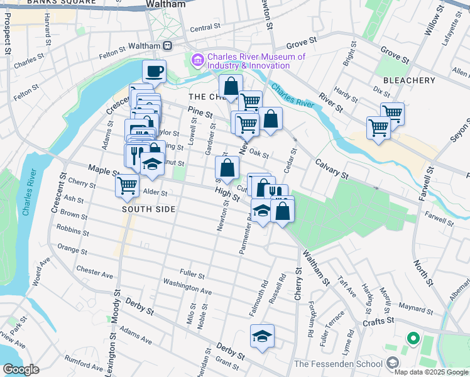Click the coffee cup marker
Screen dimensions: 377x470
pyautogui.click(x=154, y=72)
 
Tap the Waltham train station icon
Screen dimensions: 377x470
pyautogui.click(x=168, y=45)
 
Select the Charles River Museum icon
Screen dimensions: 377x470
pyautogui.click(x=197, y=60)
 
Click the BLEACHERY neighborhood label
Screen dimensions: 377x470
pyautogui.click(x=409, y=80)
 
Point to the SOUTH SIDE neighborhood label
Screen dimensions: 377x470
pyautogui.click(x=148, y=209)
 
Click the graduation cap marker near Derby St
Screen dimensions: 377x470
pyautogui.click(x=262, y=336)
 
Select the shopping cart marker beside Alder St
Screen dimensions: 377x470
pyautogui.click(x=128, y=185)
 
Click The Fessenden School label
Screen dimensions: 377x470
pyautogui.click(x=337, y=364)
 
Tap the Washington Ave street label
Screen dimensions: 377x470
pyautogui.click(x=187, y=290)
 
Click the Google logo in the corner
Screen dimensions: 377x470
pyautogui.click(x=21, y=369)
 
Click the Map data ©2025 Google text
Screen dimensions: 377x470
pyautogui.click(x=431, y=372)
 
